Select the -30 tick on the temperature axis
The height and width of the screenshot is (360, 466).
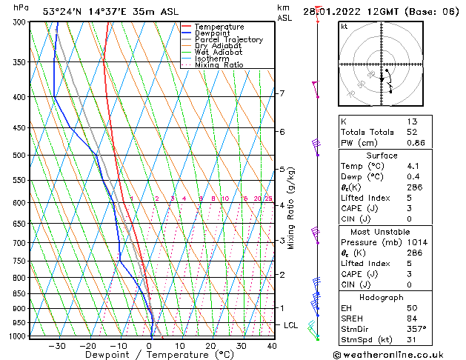(x=57, y=346)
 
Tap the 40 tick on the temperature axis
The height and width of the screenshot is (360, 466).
(x=272, y=346)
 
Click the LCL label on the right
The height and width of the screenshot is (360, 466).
(x=291, y=325)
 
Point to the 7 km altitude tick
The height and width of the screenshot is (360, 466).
(x=282, y=93)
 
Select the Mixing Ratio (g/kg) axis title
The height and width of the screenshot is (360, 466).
(x=291, y=208)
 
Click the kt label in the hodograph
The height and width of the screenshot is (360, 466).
(x=344, y=27)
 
